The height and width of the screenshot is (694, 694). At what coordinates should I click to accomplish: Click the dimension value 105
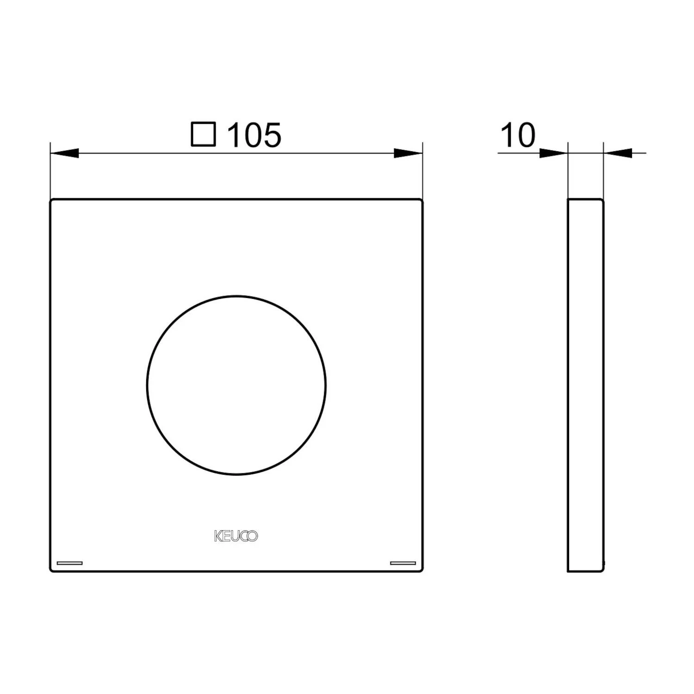[x=254, y=135]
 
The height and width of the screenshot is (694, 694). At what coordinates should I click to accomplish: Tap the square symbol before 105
[x=204, y=134]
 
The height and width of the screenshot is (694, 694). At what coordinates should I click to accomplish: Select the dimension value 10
[x=518, y=135]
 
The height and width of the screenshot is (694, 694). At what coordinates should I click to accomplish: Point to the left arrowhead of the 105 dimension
[x=64, y=153]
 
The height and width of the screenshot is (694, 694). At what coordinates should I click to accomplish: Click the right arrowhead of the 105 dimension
[x=408, y=153]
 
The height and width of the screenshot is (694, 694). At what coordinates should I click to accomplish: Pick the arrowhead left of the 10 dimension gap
[x=553, y=153]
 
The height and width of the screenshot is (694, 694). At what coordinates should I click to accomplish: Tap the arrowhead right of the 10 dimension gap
[x=618, y=153]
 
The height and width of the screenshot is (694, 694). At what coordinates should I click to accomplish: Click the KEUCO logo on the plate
[x=236, y=536]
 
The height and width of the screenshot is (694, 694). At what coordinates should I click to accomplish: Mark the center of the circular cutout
[x=236, y=385]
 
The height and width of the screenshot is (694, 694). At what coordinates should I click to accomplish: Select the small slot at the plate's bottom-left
[x=69, y=563]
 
